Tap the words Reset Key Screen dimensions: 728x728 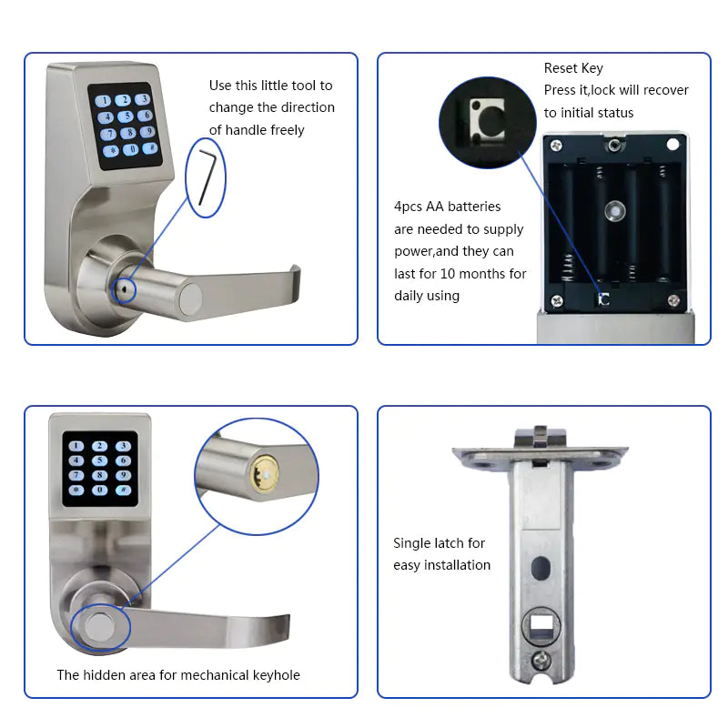(x=573, y=68)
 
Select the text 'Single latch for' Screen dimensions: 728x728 (x=440, y=543)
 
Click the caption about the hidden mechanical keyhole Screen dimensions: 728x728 (x=178, y=675)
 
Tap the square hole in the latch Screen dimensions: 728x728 (x=544, y=627)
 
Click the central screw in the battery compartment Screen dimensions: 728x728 (x=615, y=211)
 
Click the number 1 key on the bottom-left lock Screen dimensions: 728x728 (x=76, y=447)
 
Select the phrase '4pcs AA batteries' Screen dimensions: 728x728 (x=447, y=207)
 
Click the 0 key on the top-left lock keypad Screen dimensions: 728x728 (x=133, y=149)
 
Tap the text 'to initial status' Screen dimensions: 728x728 (x=589, y=112)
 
